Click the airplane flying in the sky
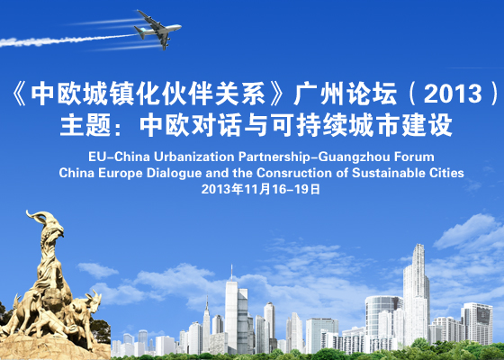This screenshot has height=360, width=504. click(x=157, y=30)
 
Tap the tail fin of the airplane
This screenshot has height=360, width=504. click(x=139, y=31)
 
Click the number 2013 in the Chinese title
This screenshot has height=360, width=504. click(x=453, y=94)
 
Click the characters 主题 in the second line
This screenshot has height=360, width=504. click(x=85, y=125)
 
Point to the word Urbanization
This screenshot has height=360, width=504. click(x=193, y=157)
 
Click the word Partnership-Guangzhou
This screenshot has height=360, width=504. click(x=314, y=157)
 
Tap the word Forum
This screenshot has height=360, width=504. click(x=414, y=157)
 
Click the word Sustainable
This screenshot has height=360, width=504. click(x=389, y=173)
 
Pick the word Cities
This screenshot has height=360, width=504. click(x=446, y=173)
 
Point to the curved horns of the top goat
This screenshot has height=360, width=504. click(x=39, y=216)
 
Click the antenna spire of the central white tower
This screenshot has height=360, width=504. click(x=231, y=273)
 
